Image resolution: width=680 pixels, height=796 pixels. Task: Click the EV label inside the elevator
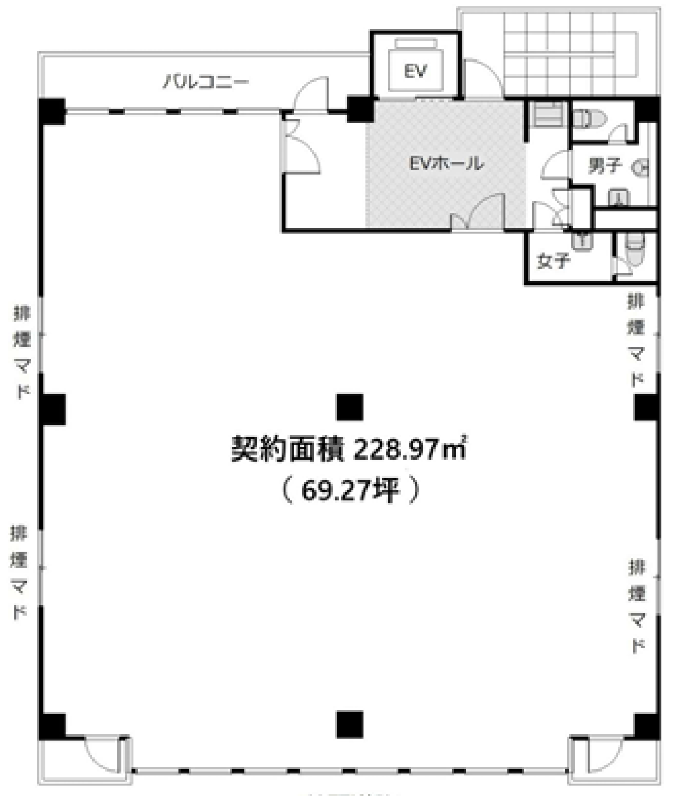(x=415, y=71)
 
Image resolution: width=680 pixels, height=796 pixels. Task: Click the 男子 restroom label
(x=605, y=166)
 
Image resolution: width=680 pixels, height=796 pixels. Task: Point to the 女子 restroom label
(x=553, y=260)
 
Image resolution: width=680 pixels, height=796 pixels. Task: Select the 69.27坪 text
(x=350, y=490)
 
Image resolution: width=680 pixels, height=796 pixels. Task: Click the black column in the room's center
(x=350, y=407)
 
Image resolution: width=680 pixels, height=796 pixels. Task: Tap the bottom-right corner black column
(x=647, y=726)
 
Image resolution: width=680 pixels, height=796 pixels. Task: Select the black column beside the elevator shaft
(x=360, y=109)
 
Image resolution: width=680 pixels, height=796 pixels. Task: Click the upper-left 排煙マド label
(x=21, y=350)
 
